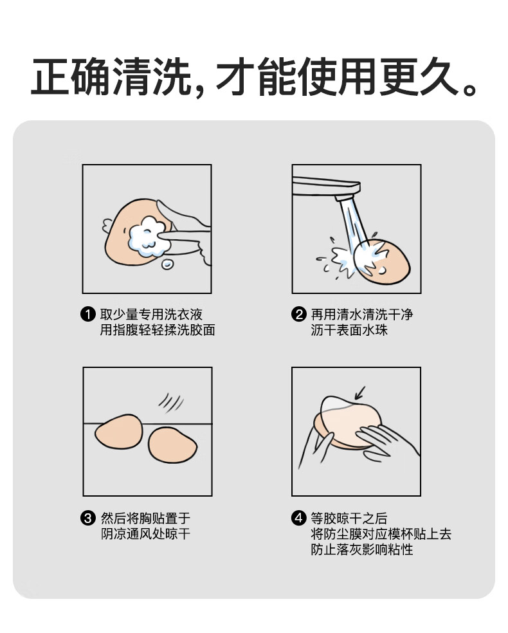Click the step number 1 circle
coord(88,314)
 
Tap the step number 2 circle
coord(298,314)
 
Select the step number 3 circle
coord(88,518)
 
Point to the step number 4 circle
coord(298,518)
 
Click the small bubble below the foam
coord(167,265)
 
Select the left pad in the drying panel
coord(118,432)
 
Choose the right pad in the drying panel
coord(172,445)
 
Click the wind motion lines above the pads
coord(170,403)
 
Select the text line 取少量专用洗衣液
coord(151,314)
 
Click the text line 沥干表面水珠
coord(349,330)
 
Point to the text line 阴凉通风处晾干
coord(145,534)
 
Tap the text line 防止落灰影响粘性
coord(362,549)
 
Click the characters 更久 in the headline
coord(420,77)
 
